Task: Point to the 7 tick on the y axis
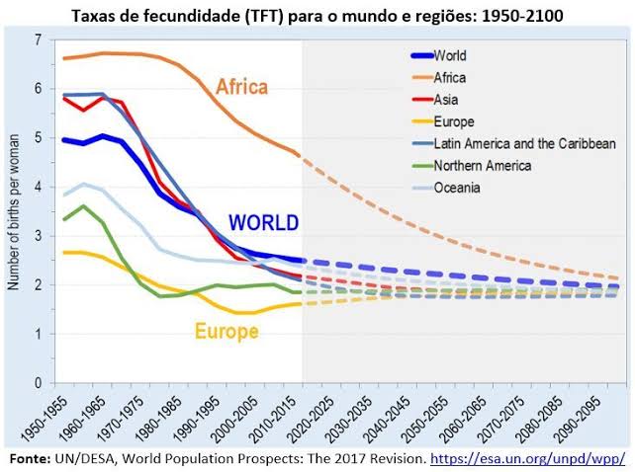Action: pos(39,39)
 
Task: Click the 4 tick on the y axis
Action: pos(39,187)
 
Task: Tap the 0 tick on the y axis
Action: pos(39,383)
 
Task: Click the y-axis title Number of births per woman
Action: pos(14,211)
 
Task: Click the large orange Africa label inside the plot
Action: pos(241,87)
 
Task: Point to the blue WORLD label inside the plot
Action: pos(263,222)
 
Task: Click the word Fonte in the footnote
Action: pos(30,459)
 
